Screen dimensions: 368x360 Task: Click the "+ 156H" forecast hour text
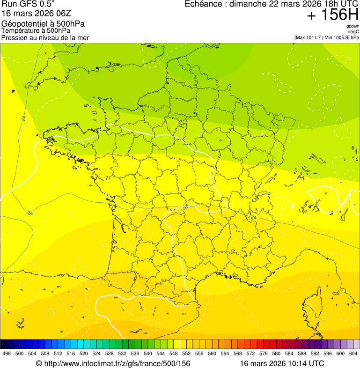tap(332, 15)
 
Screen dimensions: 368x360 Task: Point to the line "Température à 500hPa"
tap(36, 31)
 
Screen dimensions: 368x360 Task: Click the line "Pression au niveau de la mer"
tap(45, 37)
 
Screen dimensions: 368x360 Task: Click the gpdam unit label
tap(353, 26)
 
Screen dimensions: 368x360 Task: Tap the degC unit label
tap(353, 32)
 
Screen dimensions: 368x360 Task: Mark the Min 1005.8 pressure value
tap(337, 37)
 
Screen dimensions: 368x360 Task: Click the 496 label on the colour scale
tap(7, 353)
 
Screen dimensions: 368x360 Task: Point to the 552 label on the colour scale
tap(186, 353)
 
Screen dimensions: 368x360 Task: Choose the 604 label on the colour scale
tap(353, 353)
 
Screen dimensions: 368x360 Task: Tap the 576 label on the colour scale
tap(263, 353)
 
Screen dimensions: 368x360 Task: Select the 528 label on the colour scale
tap(109, 353)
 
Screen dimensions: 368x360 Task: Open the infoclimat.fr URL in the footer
tap(117, 363)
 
